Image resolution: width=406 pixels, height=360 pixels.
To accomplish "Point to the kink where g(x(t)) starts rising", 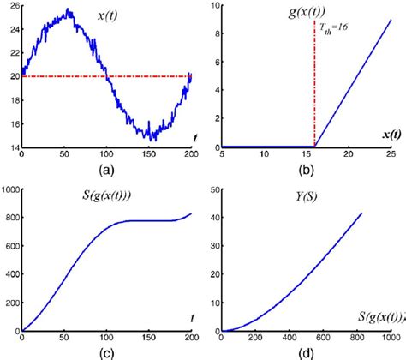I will (315, 147).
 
